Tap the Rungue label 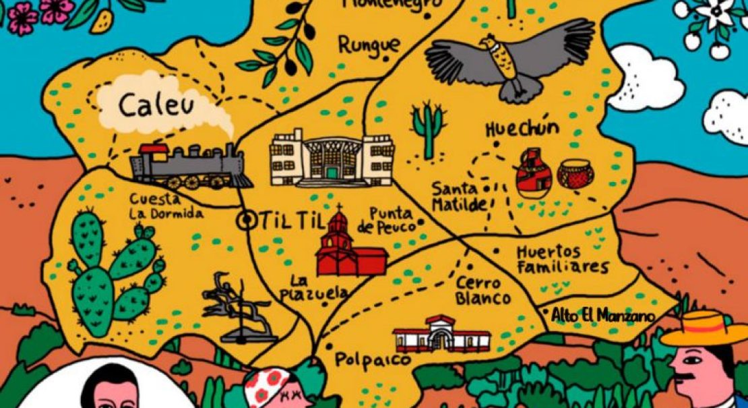click(369, 46)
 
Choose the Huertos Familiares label click(562, 260)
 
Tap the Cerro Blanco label click(482, 291)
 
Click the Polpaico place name click(373, 359)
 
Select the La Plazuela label click(319, 287)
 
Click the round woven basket click(575, 174)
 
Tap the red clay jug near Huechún click(534, 173)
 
